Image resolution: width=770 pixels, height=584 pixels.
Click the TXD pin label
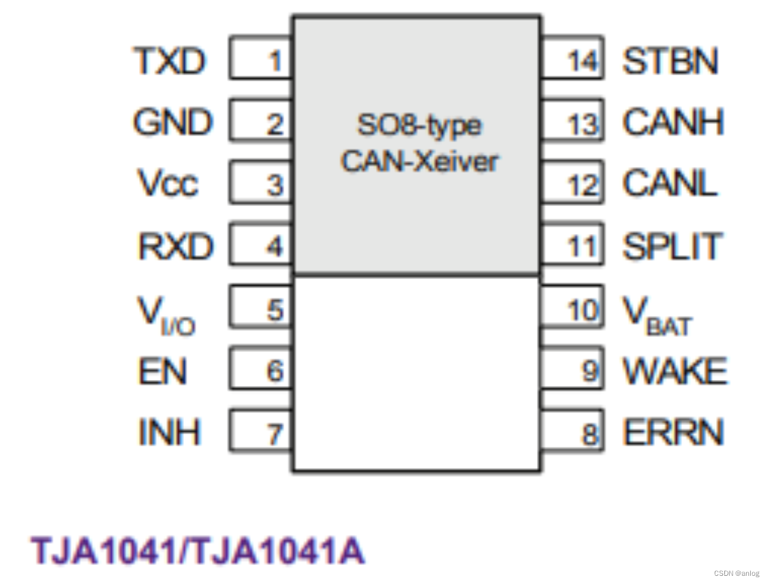pyautogui.click(x=170, y=61)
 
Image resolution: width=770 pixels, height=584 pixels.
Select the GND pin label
pyautogui.click(x=172, y=123)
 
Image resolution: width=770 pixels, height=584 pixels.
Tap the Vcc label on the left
pyautogui.click(x=168, y=184)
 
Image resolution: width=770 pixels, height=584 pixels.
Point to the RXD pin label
pyautogui.click(x=175, y=246)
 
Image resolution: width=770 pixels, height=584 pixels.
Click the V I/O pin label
pyautogui.click(x=166, y=313)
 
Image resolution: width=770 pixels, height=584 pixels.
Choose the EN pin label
pyautogui.click(x=162, y=372)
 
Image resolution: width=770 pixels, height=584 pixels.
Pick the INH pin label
pyautogui.click(x=169, y=433)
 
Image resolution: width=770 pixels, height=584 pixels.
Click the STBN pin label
pyautogui.click(x=671, y=61)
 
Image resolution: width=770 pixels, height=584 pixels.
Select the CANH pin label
pyautogui.click(x=673, y=123)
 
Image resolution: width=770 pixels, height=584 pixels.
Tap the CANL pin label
pyautogui.click(x=670, y=184)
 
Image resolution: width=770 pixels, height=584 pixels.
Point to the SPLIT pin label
pyautogui.click(x=672, y=246)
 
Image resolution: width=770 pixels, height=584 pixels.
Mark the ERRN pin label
pyautogui.click(x=673, y=433)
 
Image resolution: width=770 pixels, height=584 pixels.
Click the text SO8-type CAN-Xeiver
pyautogui.click(x=419, y=143)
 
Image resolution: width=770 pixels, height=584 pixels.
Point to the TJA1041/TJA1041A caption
pyautogui.click(x=198, y=550)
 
